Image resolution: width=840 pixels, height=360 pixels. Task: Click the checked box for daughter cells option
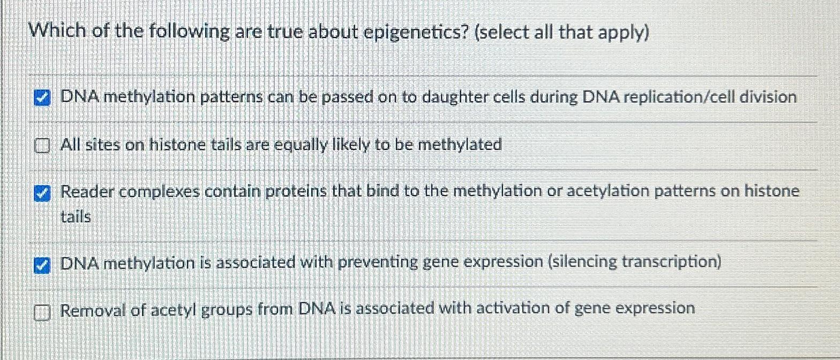point(41,99)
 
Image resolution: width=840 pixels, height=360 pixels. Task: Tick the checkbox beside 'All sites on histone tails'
point(41,146)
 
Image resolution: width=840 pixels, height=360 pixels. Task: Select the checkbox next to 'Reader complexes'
point(41,194)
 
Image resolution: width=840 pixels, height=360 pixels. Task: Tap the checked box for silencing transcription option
point(41,265)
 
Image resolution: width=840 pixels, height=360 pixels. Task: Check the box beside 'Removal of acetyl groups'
point(41,311)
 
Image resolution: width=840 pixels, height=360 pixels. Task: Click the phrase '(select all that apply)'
point(562,33)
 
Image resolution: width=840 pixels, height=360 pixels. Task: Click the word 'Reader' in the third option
point(87,192)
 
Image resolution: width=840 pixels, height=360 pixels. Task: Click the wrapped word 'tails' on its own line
point(75,217)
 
